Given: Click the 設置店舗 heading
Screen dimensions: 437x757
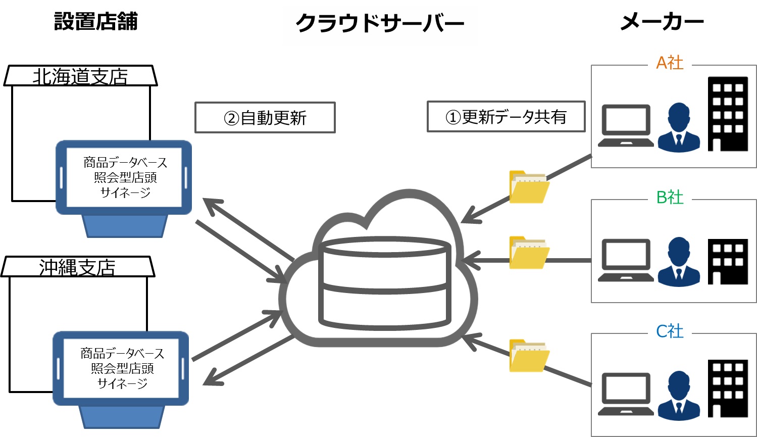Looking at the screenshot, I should [x=96, y=22].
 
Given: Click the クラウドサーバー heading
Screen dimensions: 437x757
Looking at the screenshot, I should [x=379, y=23].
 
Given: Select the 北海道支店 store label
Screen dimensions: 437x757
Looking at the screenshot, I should [x=80, y=77].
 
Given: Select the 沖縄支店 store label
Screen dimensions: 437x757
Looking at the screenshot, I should [x=77, y=268].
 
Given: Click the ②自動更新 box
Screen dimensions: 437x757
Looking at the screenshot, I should [x=265, y=118].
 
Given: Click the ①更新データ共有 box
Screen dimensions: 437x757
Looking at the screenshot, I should [x=506, y=117].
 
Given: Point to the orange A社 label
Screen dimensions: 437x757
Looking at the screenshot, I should [x=670, y=63].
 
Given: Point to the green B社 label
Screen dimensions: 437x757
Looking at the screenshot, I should [x=670, y=197].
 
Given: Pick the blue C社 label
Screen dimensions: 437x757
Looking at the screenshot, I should [x=670, y=331].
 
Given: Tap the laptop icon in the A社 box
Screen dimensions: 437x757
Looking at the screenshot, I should [x=626, y=126].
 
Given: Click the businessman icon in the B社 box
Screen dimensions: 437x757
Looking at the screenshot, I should [x=679, y=261].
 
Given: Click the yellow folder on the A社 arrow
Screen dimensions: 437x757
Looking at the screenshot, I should [x=529, y=187].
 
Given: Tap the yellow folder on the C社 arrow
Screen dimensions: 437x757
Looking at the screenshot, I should [x=529, y=356].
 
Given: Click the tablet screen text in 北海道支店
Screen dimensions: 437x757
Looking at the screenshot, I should [x=125, y=177].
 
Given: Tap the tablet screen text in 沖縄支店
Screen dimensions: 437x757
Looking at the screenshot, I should [x=122, y=368].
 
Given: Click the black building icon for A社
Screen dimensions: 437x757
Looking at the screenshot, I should [x=728, y=114].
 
